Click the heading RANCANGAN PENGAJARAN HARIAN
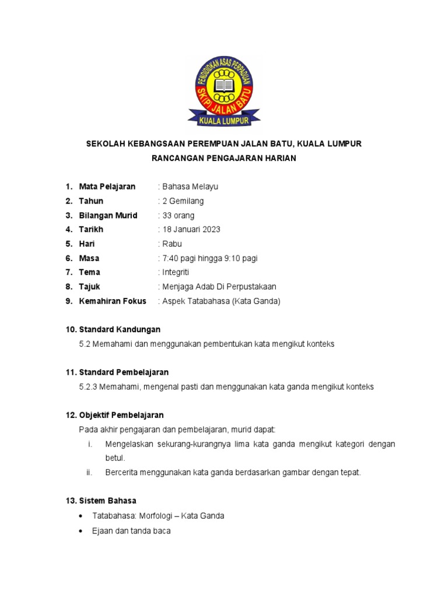pos(224,158)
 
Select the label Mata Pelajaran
pos(107,187)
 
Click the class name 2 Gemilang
pos(183,201)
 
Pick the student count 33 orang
pos(178,215)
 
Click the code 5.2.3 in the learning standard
pos(88,387)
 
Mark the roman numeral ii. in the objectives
pos(89,472)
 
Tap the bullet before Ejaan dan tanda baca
pos(80,532)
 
